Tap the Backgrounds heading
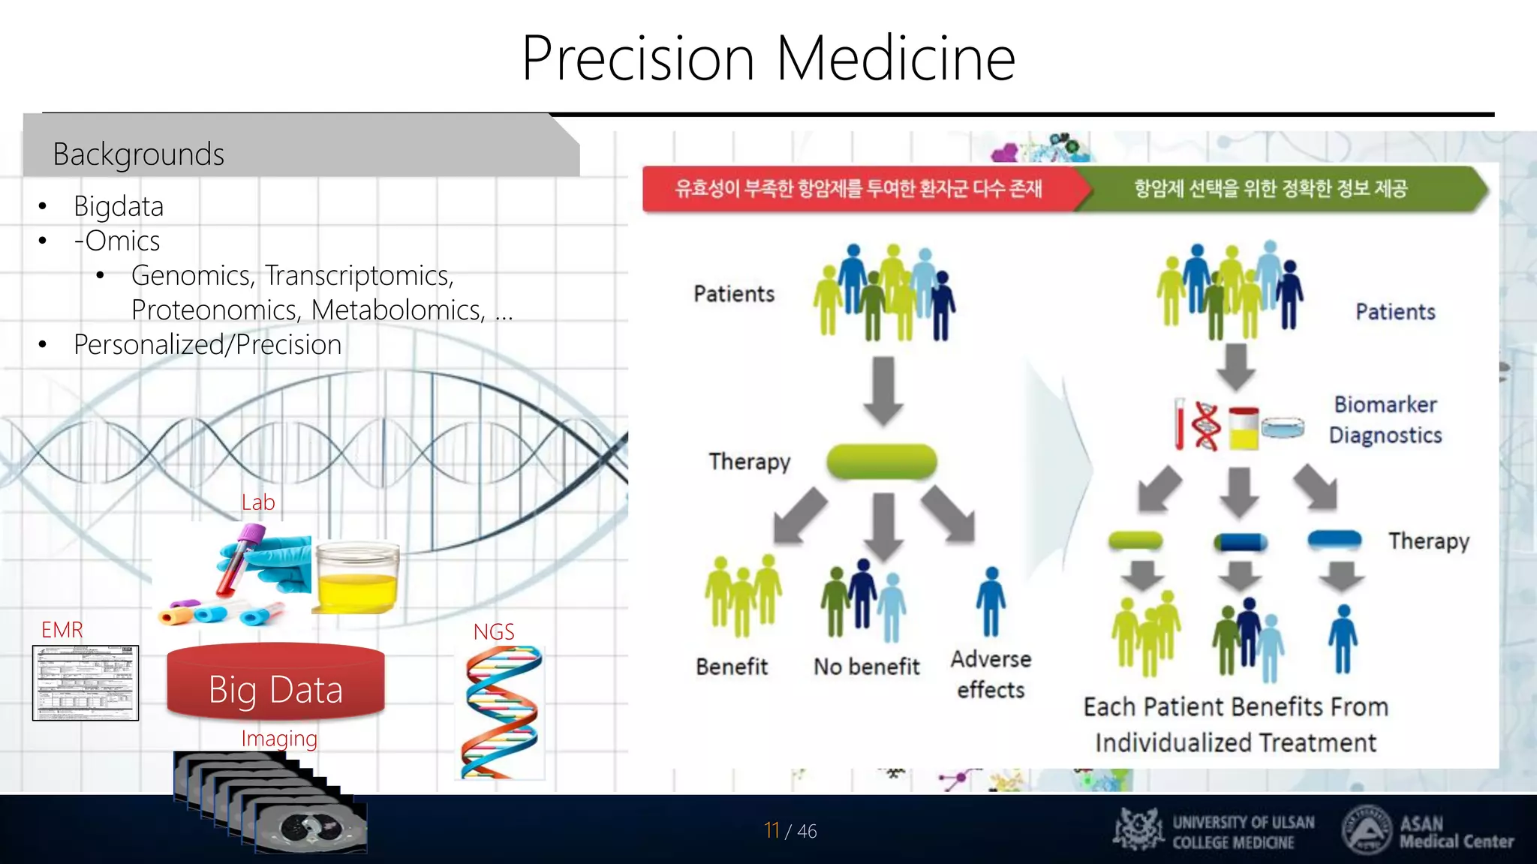pos(138,154)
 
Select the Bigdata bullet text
pos(119,206)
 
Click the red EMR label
pos(62,630)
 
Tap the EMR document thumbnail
pos(86,682)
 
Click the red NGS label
pos(493,632)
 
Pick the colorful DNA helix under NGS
pos(501,712)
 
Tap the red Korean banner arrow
pos(859,188)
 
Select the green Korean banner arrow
pos(1276,188)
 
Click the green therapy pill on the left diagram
pos(882,461)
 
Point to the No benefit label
pos(866,667)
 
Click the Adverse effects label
pos(991,674)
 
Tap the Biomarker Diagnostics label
pos(1385,420)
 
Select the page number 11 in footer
pos(772,830)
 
